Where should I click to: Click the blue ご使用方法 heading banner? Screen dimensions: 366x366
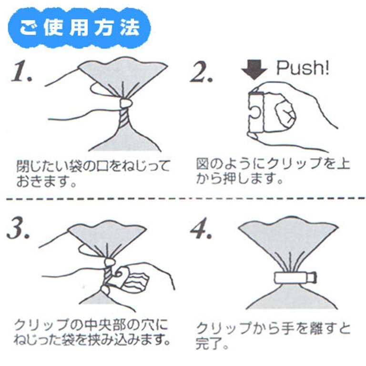80,28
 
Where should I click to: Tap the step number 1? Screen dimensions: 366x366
22,71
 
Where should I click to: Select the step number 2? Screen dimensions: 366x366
201,71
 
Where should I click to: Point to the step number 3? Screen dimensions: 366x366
19,228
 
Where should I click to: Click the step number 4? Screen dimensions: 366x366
201,228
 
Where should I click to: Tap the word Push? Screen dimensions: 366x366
303,68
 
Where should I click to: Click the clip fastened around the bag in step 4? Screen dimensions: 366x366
295,278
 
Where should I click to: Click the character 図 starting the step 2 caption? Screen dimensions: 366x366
203,163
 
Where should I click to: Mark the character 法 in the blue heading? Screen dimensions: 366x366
130,28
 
